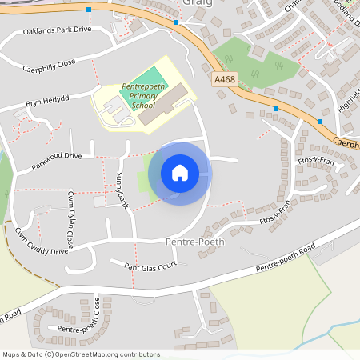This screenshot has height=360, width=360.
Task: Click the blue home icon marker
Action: [x=180, y=173]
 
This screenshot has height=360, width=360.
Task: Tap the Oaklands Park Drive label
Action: [x=58, y=30]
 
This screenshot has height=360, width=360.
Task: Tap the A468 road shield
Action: [x=225, y=79]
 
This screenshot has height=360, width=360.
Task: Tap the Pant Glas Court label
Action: [x=150, y=266]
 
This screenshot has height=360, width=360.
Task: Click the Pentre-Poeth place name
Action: [x=195, y=241]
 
